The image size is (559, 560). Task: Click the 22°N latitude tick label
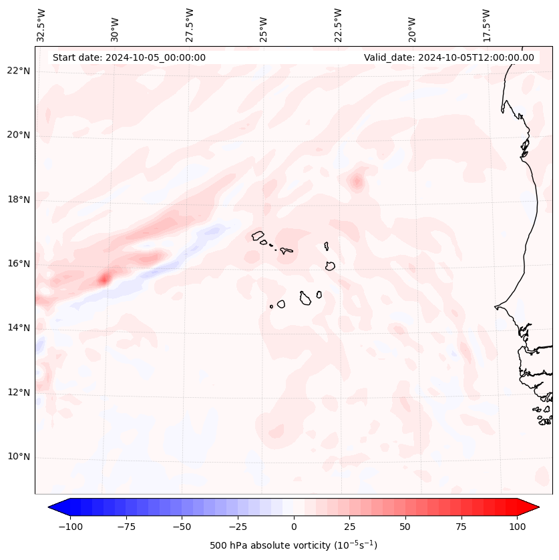[x=19, y=71]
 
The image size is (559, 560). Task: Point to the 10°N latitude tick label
[x=19, y=457]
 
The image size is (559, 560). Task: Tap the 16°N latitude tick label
[x=19, y=264]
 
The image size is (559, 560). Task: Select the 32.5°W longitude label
[x=41, y=25]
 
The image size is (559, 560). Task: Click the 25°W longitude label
[x=264, y=27]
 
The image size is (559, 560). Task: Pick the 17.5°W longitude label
[x=486, y=25]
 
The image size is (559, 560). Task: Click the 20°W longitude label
[x=412, y=27]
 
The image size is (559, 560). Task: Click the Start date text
[x=129, y=57]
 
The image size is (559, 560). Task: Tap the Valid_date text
[x=449, y=57]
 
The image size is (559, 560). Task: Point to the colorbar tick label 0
[x=293, y=527]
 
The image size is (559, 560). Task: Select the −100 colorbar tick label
[x=70, y=527]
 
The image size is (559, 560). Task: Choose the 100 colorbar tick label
[x=516, y=527]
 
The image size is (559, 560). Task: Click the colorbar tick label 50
[x=405, y=527]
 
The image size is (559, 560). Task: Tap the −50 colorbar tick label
[x=182, y=527]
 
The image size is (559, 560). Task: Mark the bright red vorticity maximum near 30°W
[x=104, y=278]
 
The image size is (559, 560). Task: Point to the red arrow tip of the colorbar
[x=534, y=507]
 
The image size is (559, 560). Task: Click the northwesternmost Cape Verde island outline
[x=258, y=236]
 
